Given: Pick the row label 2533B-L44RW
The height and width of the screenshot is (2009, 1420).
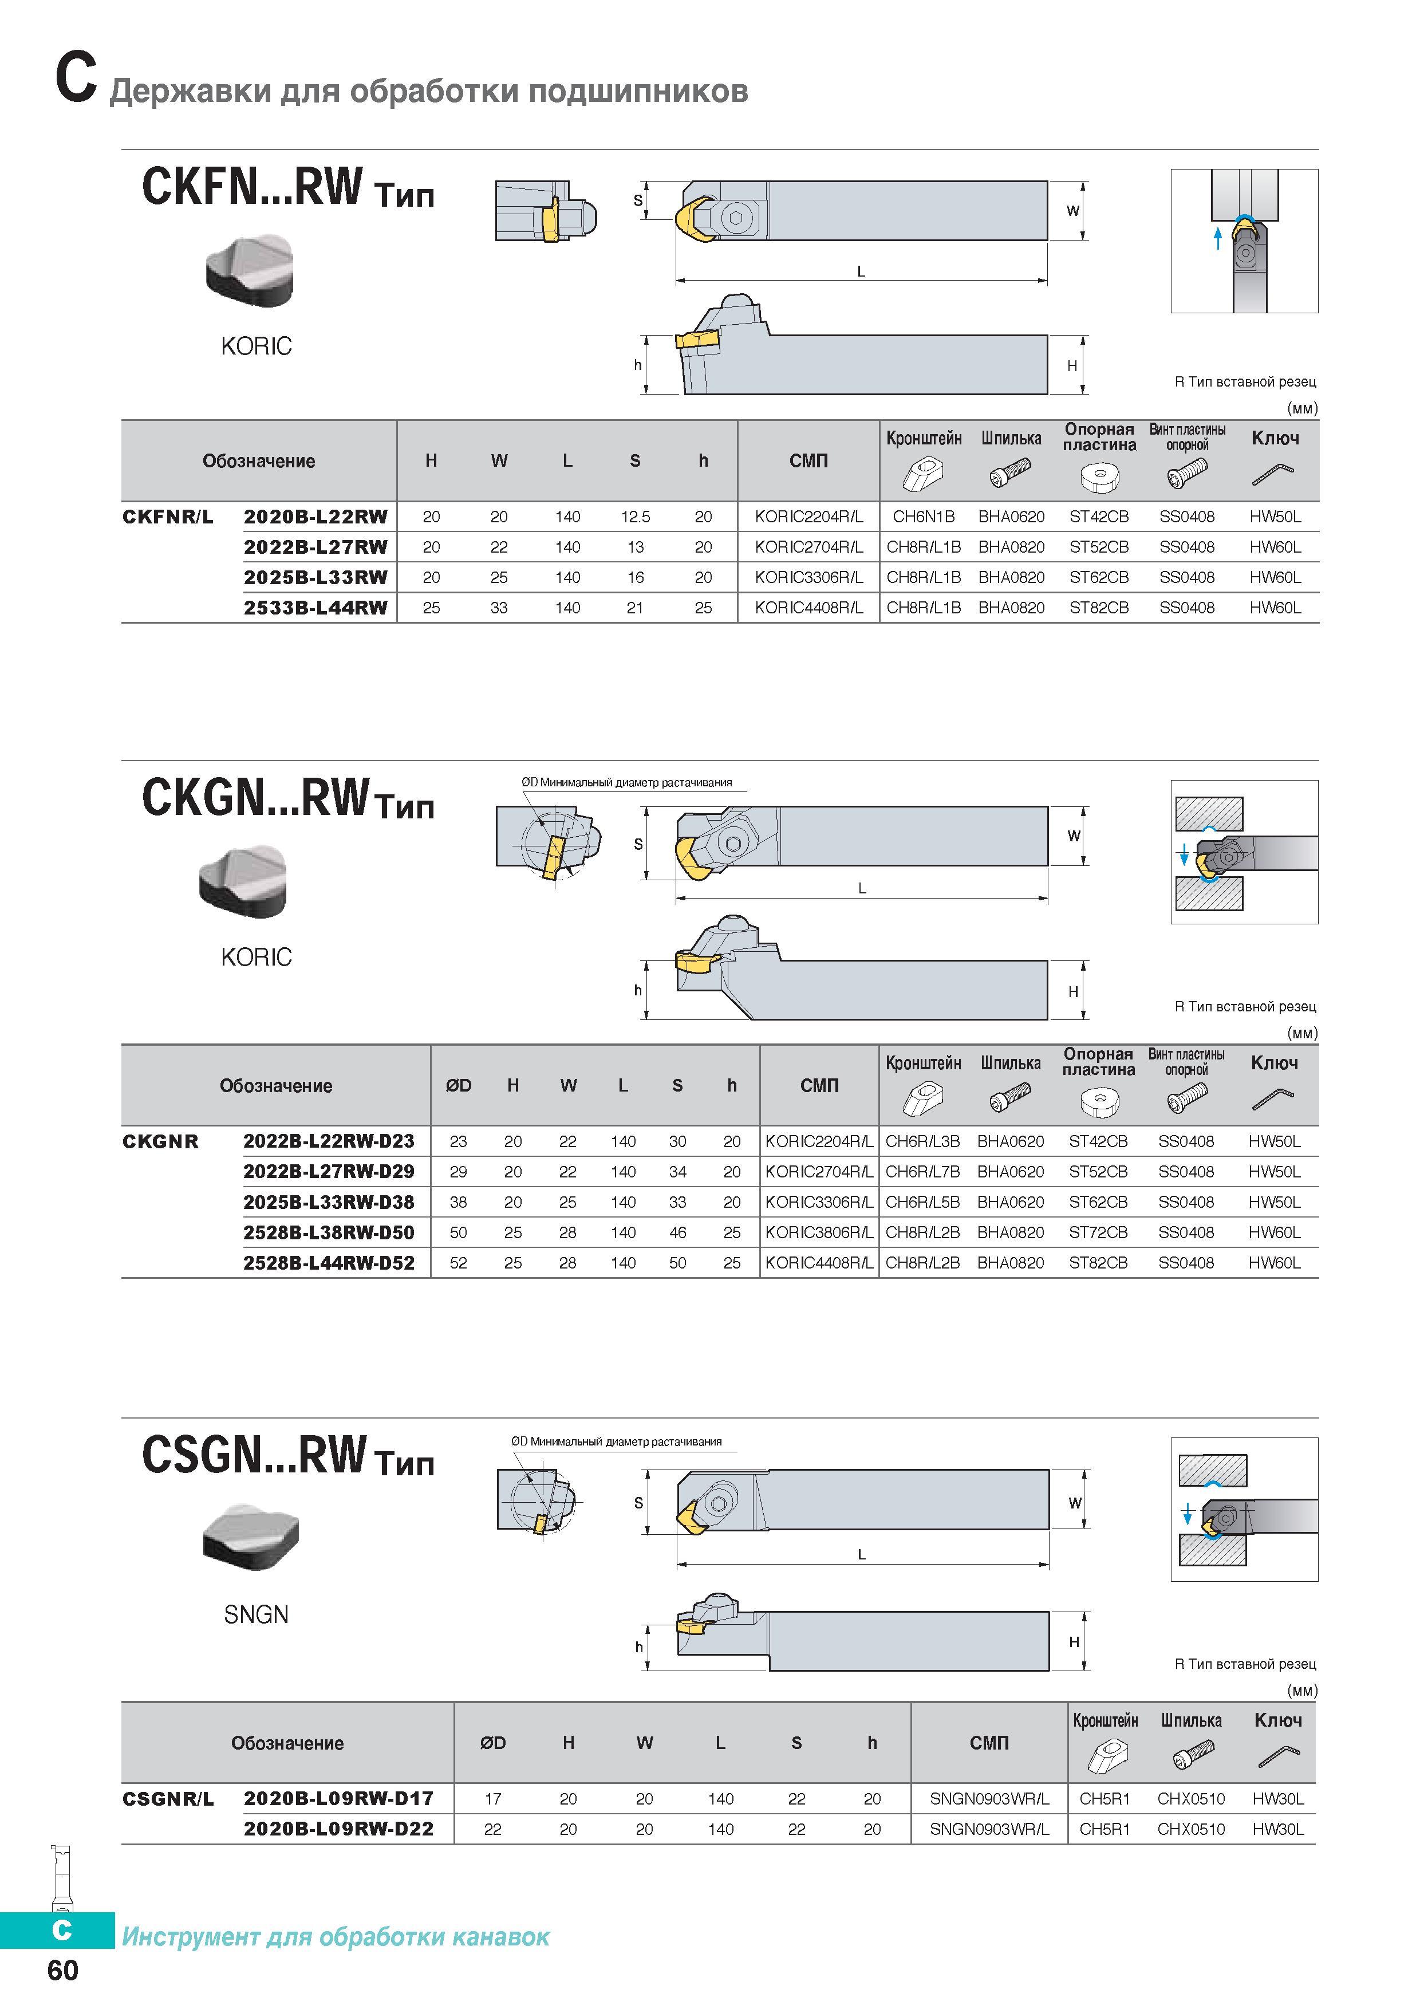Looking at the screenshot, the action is [x=315, y=607].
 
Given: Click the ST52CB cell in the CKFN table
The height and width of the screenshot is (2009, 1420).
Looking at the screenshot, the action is [x=1099, y=547].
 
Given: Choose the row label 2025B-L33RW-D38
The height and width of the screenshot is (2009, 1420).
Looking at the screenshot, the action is [x=329, y=1202].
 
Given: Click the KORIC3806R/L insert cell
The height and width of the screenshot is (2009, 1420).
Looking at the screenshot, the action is [x=819, y=1232].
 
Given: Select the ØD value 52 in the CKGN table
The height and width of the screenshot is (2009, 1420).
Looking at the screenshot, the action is [x=459, y=1263].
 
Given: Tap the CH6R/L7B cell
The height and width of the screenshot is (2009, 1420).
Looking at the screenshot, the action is [x=922, y=1172].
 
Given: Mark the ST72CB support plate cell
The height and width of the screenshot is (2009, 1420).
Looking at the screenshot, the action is [x=1098, y=1232].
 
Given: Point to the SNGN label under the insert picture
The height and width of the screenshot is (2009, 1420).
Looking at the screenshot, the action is [x=257, y=1614].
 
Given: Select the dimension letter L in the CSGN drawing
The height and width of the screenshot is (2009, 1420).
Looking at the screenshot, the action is [x=862, y=1555].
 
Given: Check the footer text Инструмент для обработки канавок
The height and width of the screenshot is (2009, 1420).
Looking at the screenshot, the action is [x=336, y=1936].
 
